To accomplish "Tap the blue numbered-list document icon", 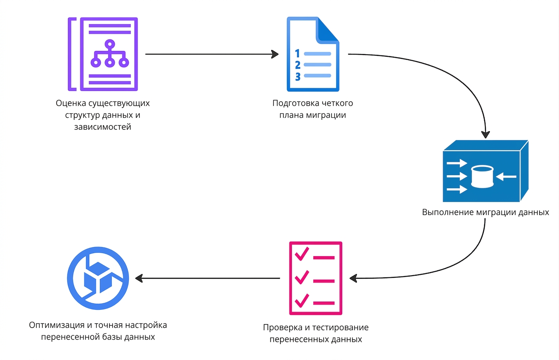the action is [313, 54].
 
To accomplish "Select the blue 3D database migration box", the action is [485, 171].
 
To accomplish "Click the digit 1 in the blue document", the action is [297, 53].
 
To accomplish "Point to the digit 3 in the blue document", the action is [298, 77].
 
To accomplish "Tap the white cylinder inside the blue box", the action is [482, 177].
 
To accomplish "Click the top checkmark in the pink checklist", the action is [302, 254].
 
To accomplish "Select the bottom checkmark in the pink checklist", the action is [302, 300].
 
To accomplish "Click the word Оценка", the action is [71, 103].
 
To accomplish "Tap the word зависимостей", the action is [103, 127].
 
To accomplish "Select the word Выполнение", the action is [448, 212].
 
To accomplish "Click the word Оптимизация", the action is [57, 325].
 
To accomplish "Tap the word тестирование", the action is [342, 327].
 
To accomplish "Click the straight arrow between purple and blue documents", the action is [212, 54].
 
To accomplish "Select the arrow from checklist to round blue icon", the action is [207, 278].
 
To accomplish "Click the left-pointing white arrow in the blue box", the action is [506, 177].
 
